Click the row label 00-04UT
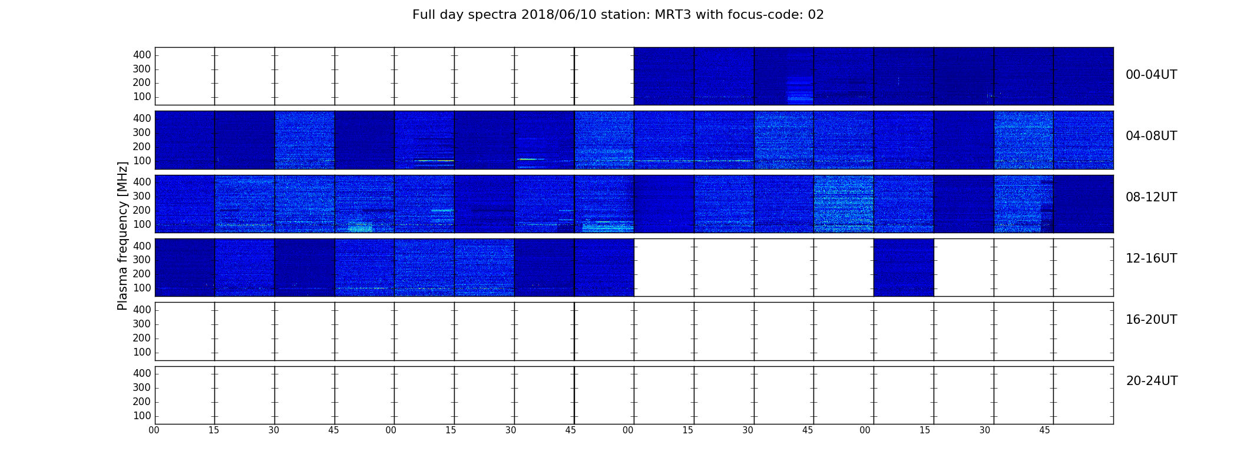tap(1151, 75)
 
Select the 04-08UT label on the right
tap(1151, 136)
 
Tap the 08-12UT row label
tap(1151, 197)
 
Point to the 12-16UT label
tap(1151, 258)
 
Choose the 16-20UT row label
tap(1151, 320)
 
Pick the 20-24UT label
tap(1152, 381)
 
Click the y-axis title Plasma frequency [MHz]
tap(123, 235)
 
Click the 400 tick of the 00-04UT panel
tap(142, 55)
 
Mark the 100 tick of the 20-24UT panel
tap(142, 416)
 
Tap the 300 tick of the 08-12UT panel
tap(142, 196)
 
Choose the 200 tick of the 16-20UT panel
tap(142, 338)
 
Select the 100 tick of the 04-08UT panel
tap(142, 161)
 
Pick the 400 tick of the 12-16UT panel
tap(142, 246)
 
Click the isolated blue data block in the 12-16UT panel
tap(904, 267)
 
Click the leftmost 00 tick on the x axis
tap(154, 430)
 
